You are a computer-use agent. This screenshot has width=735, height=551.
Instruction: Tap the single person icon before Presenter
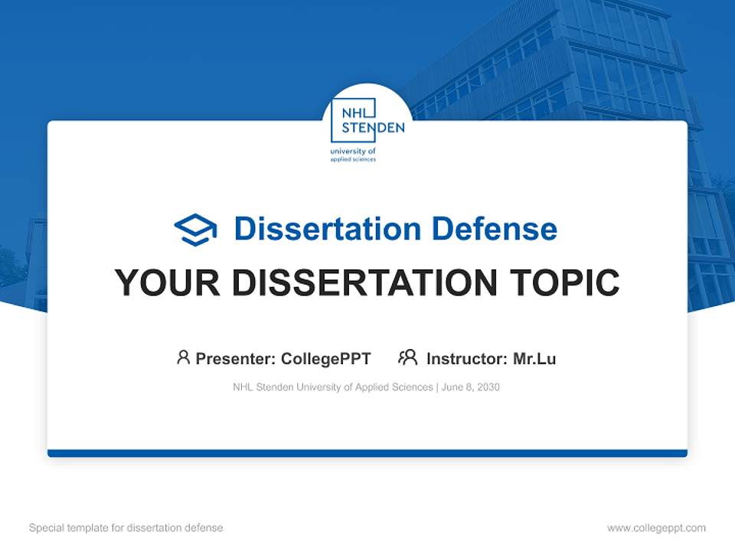pyautogui.click(x=183, y=357)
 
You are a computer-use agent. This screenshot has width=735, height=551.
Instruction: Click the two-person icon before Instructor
pyautogui.click(x=407, y=357)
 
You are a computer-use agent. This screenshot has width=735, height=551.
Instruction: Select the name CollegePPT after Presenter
pyautogui.click(x=325, y=358)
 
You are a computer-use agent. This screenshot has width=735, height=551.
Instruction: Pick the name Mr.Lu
pyautogui.click(x=534, y=358)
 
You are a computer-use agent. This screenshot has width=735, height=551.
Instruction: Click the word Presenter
pyautogui.click(x=236, y=358)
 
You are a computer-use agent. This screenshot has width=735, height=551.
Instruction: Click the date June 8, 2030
pyautogui.click(x=471, y=387)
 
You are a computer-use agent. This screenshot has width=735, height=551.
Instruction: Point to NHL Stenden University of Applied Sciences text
pyautogui.click(x=332, y=387)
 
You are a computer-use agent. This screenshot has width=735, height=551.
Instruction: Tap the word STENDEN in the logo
pyautogui.click(x=373, y=128)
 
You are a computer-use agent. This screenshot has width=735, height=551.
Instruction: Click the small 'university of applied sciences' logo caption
pyautogui.click(x=353, y=155)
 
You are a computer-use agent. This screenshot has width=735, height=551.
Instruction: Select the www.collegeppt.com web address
pyautogui.click(x=656, y=528)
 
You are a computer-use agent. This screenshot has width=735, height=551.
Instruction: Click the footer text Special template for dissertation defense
pyautogui.click(x=126, y=528)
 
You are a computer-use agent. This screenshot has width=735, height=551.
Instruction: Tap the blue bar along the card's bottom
pyautogui.click(x=367, y=453)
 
